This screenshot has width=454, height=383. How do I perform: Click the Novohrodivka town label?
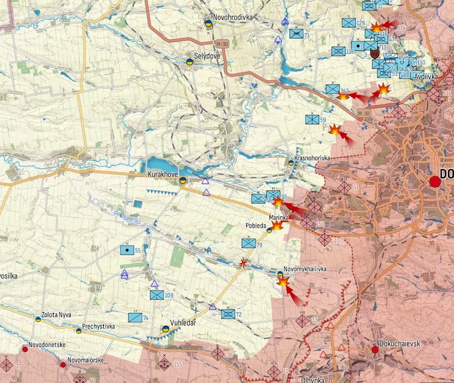tap(232, 17)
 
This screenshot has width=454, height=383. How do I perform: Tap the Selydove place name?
tap(207, 56)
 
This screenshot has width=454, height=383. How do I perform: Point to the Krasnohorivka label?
tap(312, 158)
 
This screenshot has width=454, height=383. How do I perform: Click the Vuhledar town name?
tap(183, 323)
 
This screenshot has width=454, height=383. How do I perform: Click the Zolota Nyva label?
tap(56, 315)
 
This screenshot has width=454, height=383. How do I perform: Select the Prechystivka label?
tap(98, 326)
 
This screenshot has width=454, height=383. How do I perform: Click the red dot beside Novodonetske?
tap(25, 349)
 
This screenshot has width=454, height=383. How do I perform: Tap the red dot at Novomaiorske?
tap(63, 365)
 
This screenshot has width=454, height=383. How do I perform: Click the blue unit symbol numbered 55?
tap(127, 250)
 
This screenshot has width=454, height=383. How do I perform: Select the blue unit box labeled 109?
tap(157, 295)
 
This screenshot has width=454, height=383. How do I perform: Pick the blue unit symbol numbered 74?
tap(135, 317)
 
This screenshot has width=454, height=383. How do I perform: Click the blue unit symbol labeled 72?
tap(228, 314)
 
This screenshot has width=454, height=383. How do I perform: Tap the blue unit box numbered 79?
tap(248, 243)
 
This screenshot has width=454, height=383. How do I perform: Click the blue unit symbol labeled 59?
tap(312, 120)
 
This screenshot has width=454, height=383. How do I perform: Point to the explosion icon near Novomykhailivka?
tap(283, 281)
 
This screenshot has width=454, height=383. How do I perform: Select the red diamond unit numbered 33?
tap(302, 320)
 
